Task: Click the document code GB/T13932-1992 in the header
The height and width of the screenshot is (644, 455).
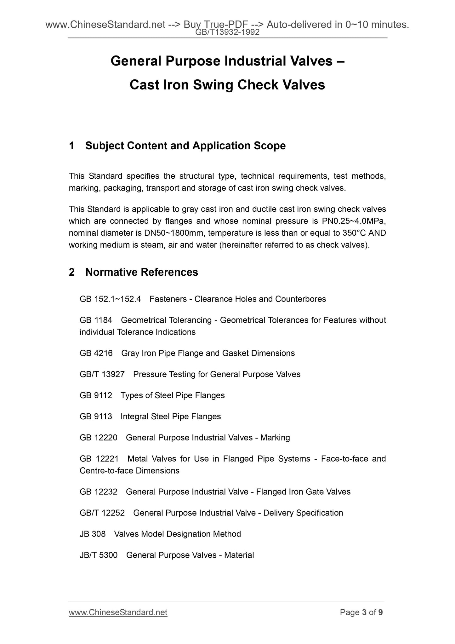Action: pyautogui.click(x=227, y=32)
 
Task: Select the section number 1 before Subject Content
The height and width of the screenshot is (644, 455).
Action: pyautogui.click(x=72, y=146)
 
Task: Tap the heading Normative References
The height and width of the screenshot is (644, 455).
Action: pyautogui.click(x=142, y=272)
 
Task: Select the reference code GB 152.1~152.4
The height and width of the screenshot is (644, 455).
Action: pyautogui.click(x=110, y=299)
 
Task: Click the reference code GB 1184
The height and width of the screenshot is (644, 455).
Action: pyautogui.click(x=96, y=320)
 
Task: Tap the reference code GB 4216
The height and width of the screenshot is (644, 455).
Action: pyautogui.click(x=96, y=353)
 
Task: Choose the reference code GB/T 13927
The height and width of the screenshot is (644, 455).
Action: pyautogui.click(x=102, y=374)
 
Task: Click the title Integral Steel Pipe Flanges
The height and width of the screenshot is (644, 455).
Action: pyautogui.click(x=171, y=417)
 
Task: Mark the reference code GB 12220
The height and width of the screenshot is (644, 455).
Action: pyautogui.click(x=98, y=438)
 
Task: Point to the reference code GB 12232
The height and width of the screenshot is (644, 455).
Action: pyautogui.click(x=98, y=492)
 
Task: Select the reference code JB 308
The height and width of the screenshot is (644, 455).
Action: pyautogui.click(x=93, y=534)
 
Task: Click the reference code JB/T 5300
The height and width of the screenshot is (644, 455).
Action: pyautogui.click(x=99, y=555)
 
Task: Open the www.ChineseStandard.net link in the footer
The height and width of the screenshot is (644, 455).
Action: pyautogui.click(x=118, y=612)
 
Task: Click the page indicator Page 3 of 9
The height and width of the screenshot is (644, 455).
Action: pyautogui.click(x=361, y=612)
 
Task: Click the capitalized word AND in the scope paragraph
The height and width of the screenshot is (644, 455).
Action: pyautogui.click(x=377, y=233)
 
